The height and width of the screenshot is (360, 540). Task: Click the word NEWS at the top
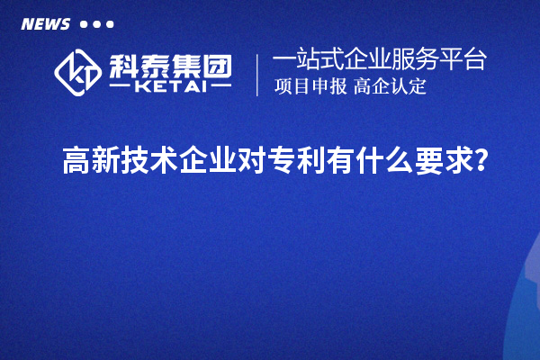point(45,24)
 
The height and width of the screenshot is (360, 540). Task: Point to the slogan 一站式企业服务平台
point(379,60)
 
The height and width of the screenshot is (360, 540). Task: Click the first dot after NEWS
point(84,24)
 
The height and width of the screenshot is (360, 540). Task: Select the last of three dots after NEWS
point(110,24)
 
